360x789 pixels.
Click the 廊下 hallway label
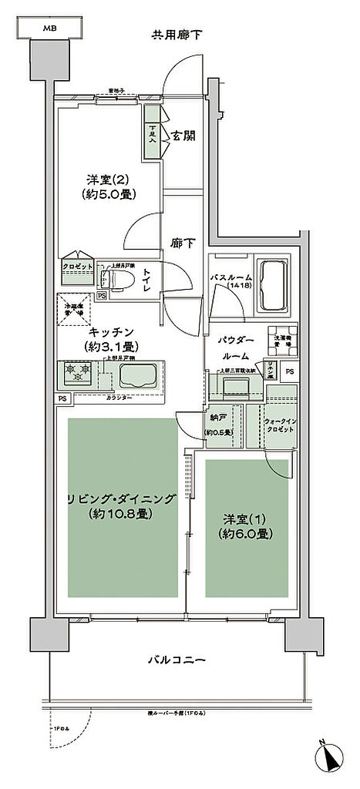[182, 242]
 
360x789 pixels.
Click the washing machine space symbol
[282, 339]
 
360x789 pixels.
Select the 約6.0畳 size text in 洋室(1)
[248, 533]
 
